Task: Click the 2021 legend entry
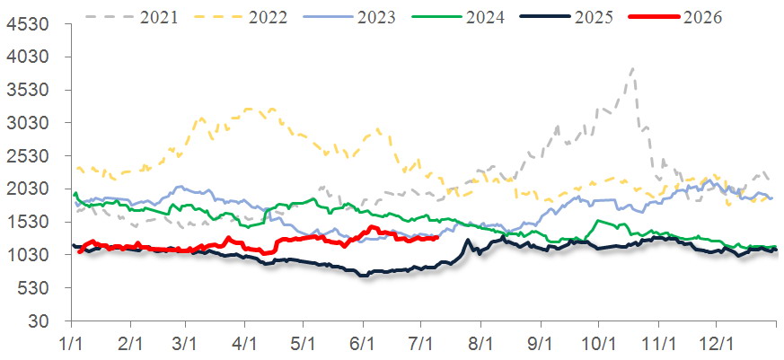pos(131,17)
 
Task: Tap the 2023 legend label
pos(376,17)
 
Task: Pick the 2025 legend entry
pos(568,17)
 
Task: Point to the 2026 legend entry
pos(676,17)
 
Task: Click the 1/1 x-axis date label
pos(72,346)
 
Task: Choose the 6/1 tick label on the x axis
pos(364,346)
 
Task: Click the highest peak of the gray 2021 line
pos(633,68)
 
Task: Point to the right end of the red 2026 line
pos(438,238)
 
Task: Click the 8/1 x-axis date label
pos(480,346)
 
